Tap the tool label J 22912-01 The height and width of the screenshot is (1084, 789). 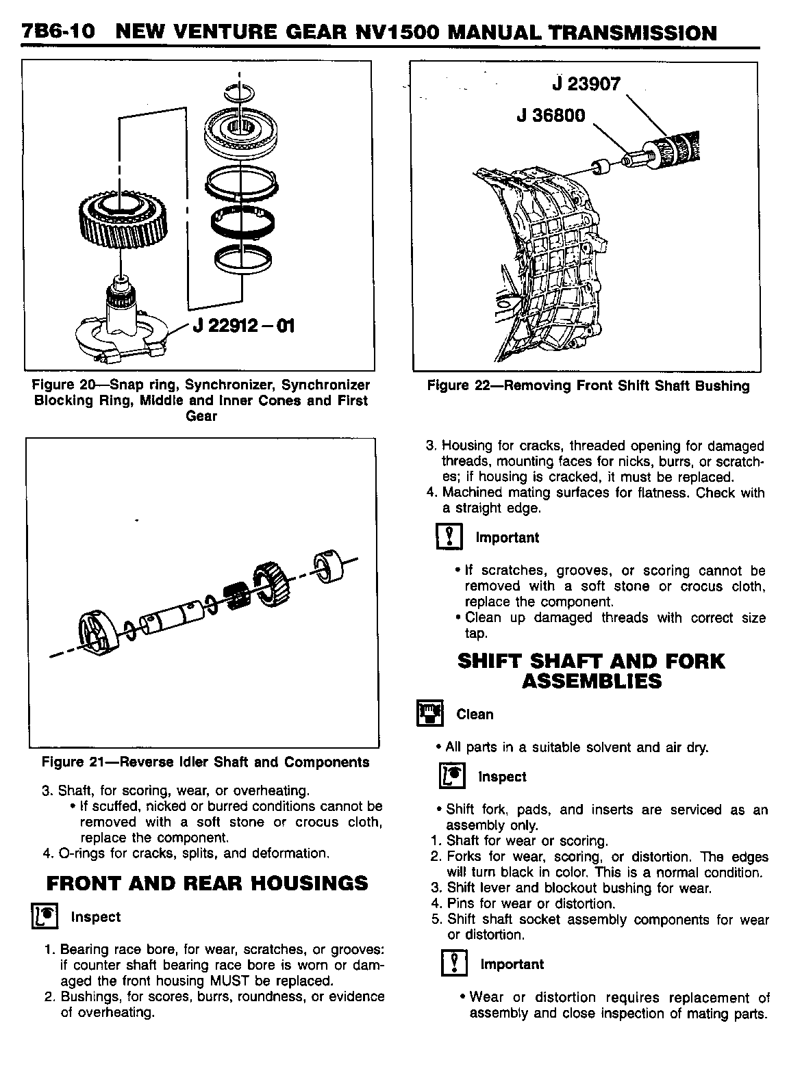[244, 325]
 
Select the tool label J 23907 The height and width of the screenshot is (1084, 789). [586, 85]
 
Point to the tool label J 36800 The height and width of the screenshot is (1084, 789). [551, 115]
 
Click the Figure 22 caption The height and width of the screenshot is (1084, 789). [588, 386]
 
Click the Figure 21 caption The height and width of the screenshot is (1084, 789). [205, 762]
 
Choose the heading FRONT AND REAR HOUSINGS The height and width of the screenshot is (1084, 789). [207, 883]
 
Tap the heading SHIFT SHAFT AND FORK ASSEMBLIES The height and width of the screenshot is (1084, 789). [590, 671]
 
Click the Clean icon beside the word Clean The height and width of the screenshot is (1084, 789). [430, 714]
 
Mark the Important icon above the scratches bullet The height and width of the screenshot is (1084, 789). [449, 537]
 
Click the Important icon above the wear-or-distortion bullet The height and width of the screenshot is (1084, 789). [454, 964]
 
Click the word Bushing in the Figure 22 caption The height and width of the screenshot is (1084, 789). [721, 386]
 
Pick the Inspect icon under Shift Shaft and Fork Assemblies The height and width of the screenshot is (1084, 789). [452, 777]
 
